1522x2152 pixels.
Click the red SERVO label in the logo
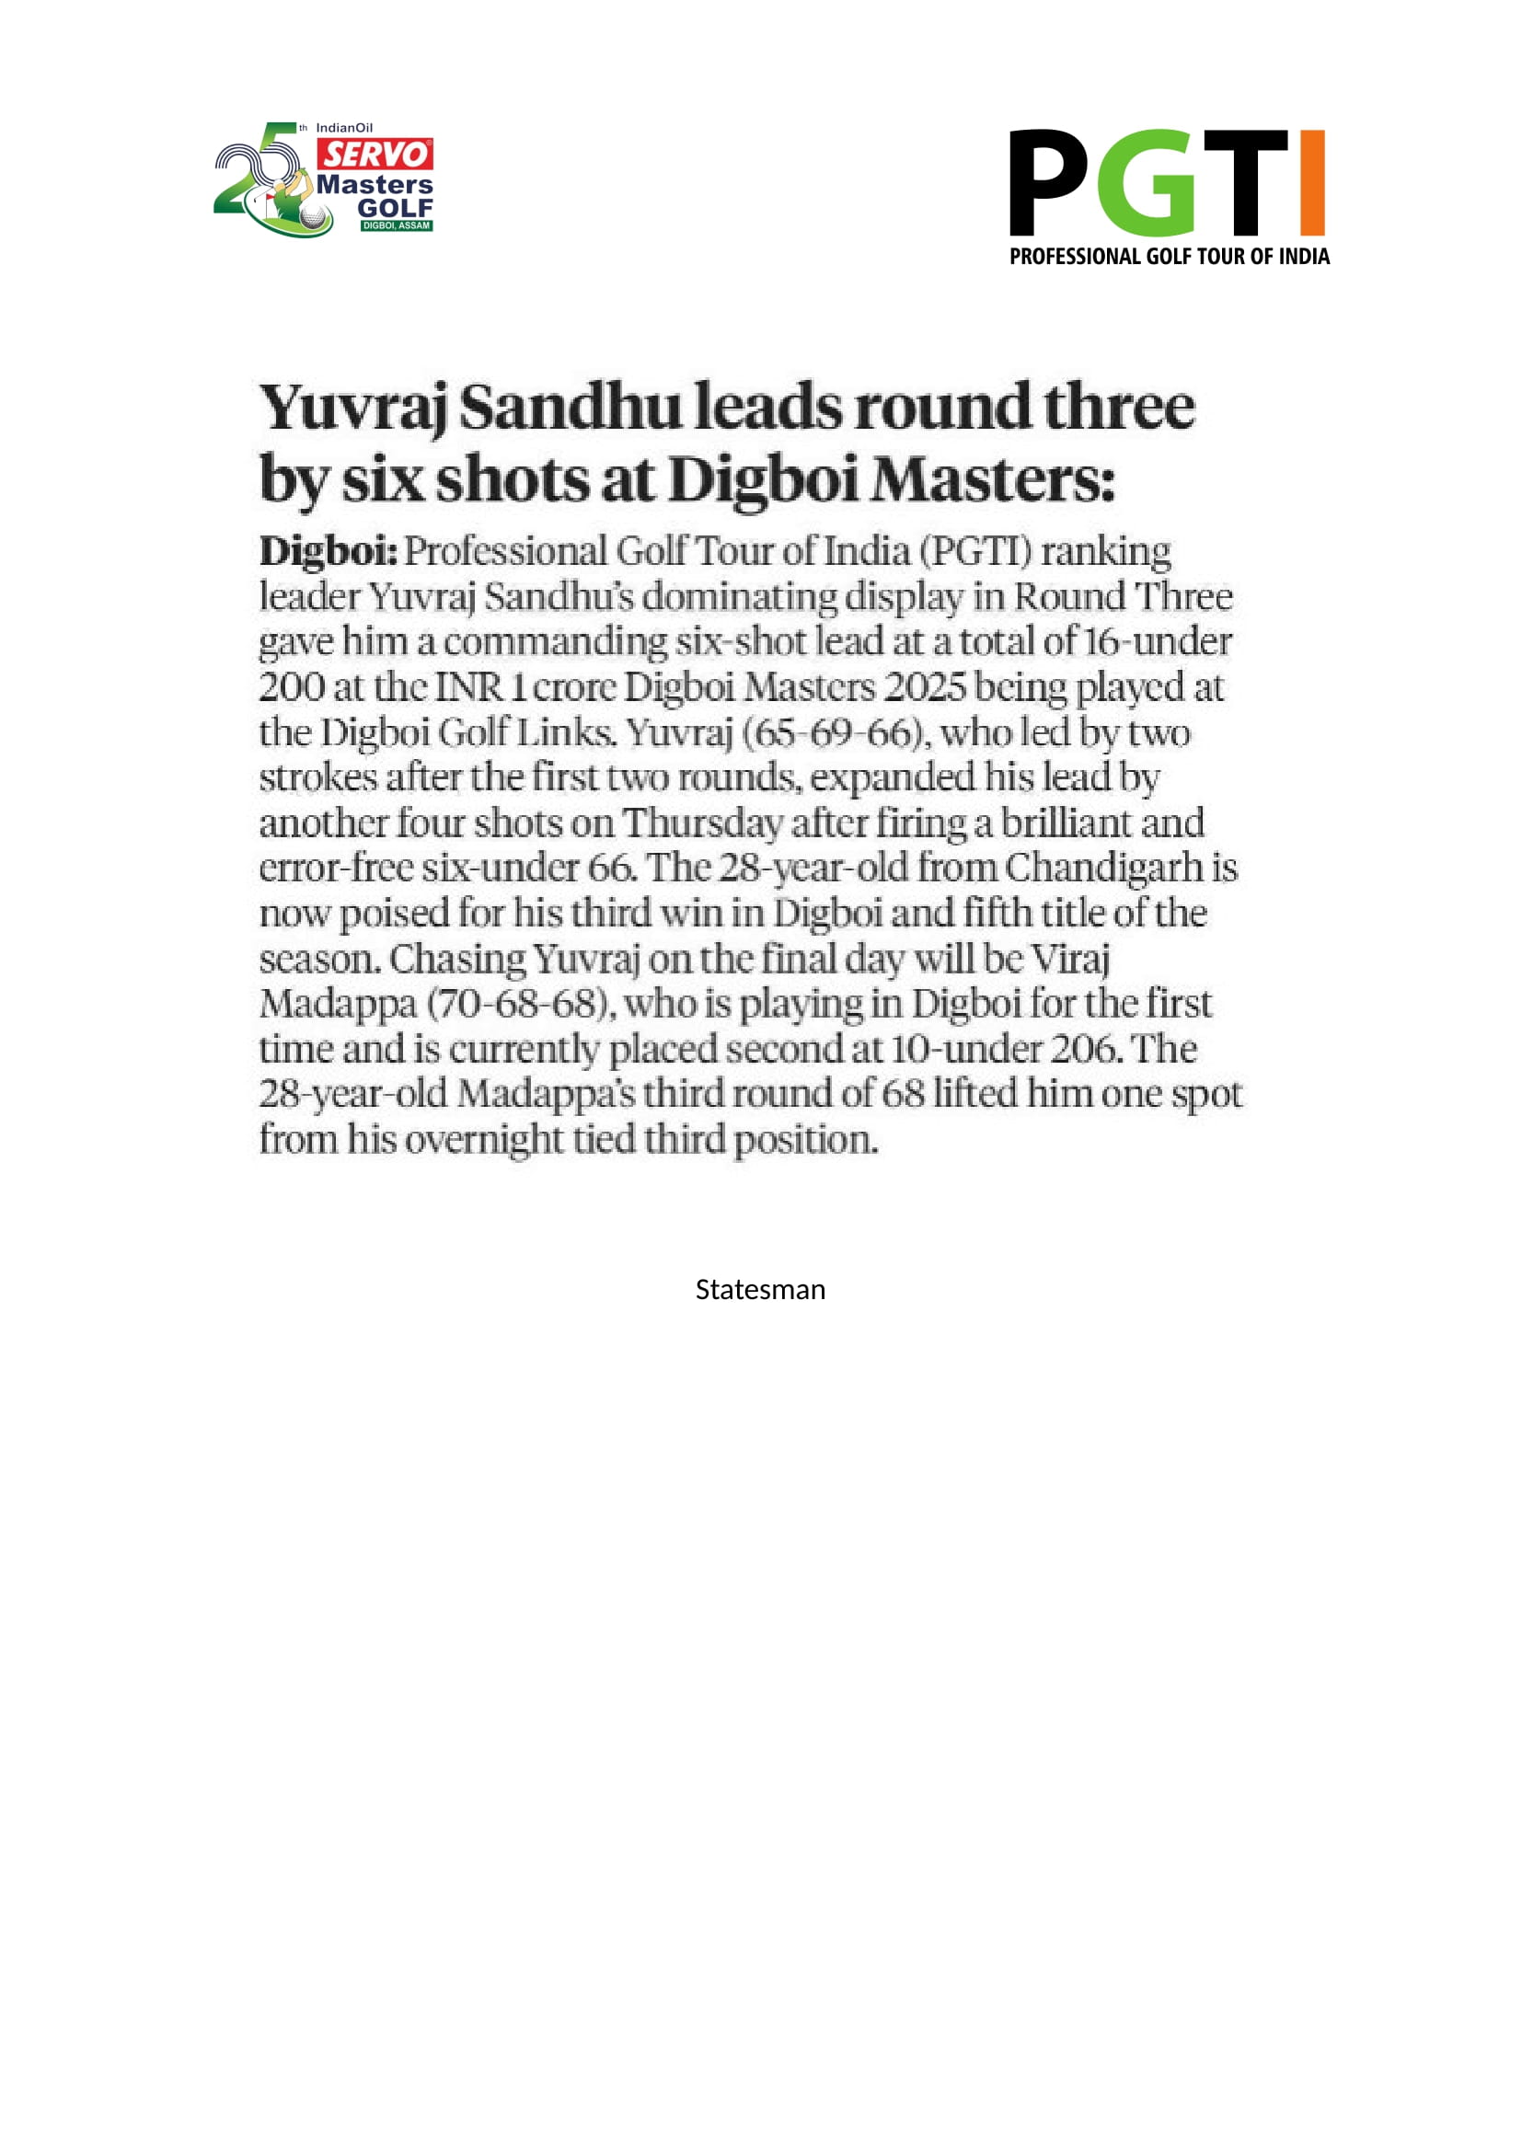375,154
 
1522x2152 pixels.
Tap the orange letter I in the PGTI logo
1312,182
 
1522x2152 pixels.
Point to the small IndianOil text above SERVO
344,128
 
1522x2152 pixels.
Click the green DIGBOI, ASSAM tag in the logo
397,226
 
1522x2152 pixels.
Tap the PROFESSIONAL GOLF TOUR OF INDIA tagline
1169,257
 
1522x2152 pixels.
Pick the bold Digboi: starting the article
328,551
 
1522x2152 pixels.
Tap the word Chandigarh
1103,868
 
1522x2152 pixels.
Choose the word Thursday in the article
701,823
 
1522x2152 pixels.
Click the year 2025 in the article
924,687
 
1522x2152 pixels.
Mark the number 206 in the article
1084,1049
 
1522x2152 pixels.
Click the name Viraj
1070,959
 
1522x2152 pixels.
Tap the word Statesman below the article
760,1290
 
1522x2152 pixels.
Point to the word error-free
336,868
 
